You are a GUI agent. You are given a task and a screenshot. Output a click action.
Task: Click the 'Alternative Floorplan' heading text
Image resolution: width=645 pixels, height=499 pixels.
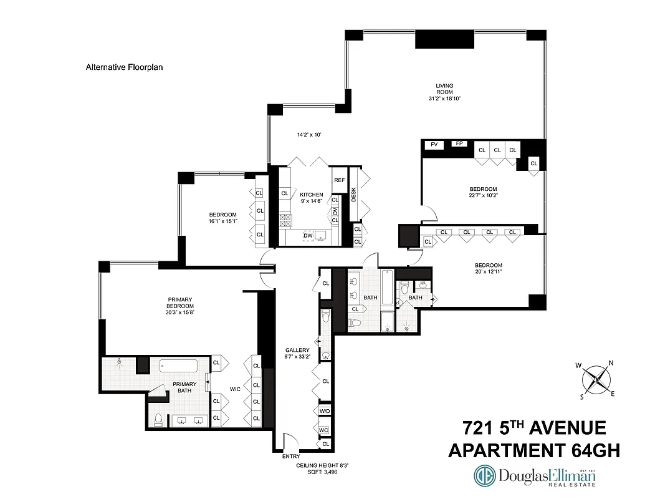[x=124, y=67]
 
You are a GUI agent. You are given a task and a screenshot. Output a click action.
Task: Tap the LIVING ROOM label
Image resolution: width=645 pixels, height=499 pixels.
[x=444, y=89]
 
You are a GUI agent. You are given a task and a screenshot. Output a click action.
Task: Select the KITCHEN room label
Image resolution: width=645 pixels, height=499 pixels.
[x=312, y=194]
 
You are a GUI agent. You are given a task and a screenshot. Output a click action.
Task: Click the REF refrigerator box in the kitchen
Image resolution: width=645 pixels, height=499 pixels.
[x=339, y=180]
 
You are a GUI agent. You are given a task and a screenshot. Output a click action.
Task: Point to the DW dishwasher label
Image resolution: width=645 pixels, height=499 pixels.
[x=308, y=235]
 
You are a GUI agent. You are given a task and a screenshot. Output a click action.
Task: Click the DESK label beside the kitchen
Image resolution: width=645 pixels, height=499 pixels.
[x=354, y=194]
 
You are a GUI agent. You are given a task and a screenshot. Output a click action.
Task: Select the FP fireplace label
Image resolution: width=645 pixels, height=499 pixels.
[x=460, y=143]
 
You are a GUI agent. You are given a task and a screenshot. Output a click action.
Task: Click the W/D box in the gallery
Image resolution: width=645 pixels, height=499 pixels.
[x=324, y=412]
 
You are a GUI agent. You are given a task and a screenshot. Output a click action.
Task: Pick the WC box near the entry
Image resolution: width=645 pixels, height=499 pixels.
[x=324, y=430]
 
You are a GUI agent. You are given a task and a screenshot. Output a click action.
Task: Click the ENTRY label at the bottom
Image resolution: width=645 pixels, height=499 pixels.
[x=291, y=456]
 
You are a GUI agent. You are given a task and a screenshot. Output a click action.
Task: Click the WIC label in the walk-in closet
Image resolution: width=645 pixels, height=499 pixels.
[x=235, y=389]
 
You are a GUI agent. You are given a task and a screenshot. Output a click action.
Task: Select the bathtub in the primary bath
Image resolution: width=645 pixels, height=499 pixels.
[x=178, y=366]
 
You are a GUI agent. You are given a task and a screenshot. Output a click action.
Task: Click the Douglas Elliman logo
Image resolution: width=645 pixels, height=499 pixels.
[x=535, y=477]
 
